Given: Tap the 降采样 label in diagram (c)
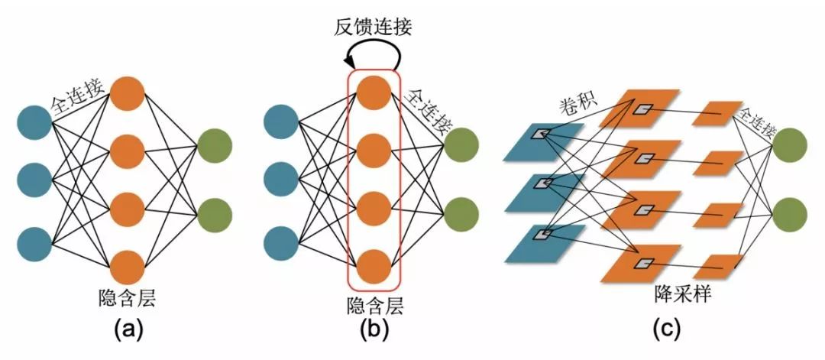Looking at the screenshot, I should click(683, 293).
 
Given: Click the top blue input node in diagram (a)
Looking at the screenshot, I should click(34, 122).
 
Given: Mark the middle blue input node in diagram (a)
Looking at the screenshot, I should click(34, 181).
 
